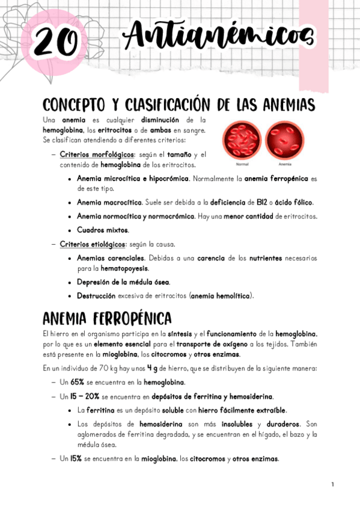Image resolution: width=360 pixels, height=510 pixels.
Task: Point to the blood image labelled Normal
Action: pos(242,141)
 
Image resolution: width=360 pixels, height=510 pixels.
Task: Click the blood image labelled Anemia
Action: pos(284,141)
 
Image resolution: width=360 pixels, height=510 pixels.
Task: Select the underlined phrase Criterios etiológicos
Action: pos(93,244)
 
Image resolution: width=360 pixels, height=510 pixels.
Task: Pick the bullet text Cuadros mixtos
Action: pos(102,230)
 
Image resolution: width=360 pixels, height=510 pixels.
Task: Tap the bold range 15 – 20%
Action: pos(84,396)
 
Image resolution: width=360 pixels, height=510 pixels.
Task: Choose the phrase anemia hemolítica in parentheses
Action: pos(221,296)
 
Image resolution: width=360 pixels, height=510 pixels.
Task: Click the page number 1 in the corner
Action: pos(332,485)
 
